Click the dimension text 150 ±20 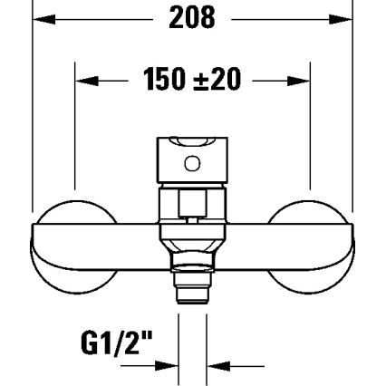pos(192,80)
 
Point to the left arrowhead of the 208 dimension pos(42,16)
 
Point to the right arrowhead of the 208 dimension pos(344,16)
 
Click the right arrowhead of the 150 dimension pos(304,81)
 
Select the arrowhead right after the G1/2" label pos(169,366)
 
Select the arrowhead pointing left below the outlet pos(217,366)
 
